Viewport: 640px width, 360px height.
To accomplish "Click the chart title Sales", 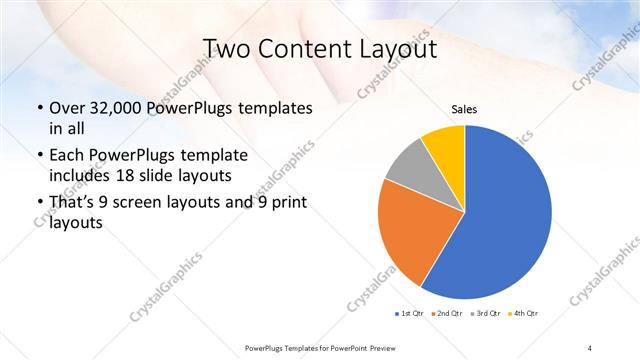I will click(464, 109).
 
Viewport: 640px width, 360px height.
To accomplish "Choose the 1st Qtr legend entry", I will click(411, 314).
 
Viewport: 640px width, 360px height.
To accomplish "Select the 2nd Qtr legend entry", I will click(448, 314).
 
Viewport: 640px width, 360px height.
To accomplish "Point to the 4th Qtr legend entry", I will click(524, 314).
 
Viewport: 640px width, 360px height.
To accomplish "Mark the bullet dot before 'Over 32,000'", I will click(39, 109).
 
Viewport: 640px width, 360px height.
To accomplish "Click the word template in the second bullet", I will click(212, 157).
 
